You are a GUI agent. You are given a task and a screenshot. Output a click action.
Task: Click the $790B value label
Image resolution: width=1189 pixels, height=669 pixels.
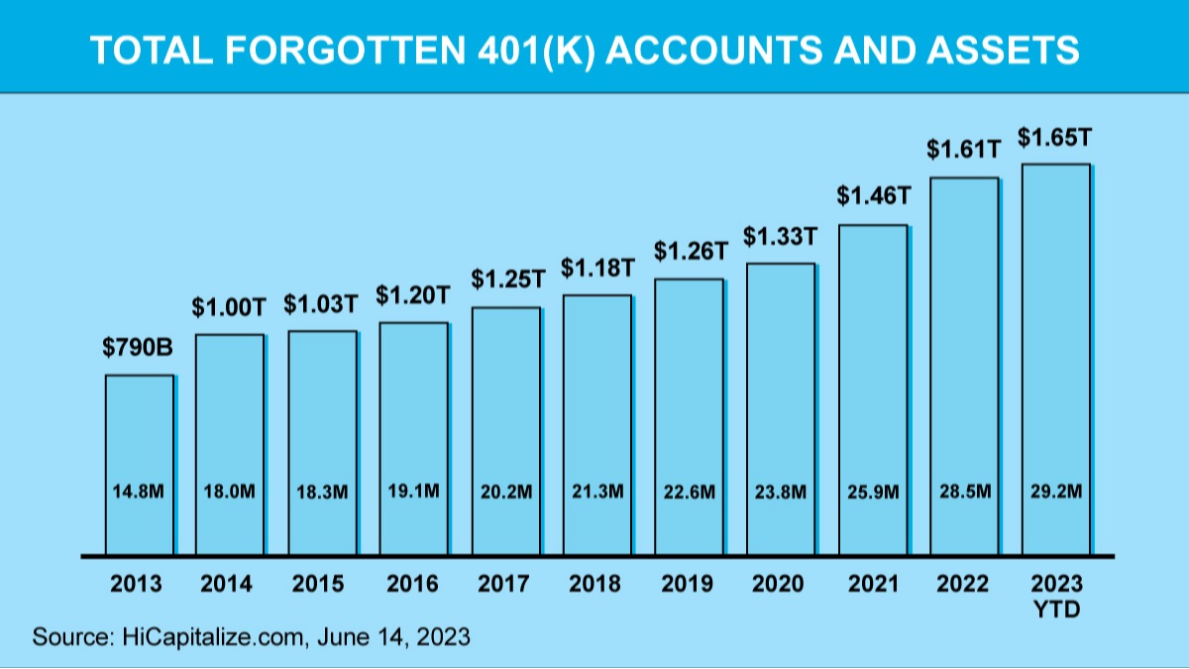[x=139, y=348]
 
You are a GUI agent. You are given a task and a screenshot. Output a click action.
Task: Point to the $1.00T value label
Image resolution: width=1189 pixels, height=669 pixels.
[x=230, y=307]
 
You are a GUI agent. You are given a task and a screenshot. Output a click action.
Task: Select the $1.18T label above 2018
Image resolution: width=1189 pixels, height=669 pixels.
[x=597, y=268]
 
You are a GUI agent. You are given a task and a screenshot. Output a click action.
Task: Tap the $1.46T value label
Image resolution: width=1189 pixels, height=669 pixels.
[x=873, y=196]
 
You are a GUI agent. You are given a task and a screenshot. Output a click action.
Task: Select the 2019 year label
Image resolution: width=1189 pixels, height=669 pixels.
[x=690, y=584]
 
